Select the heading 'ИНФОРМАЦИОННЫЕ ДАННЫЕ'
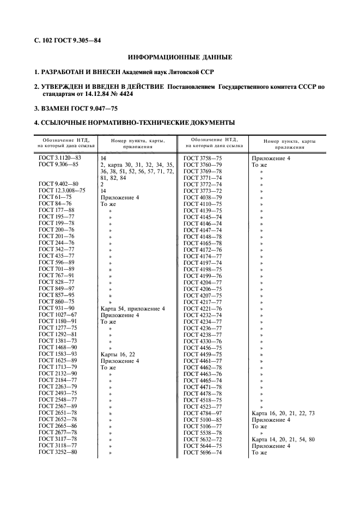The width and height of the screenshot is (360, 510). click(x=180, y=57)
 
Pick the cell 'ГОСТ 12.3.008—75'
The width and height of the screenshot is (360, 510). click(x=62, y=190)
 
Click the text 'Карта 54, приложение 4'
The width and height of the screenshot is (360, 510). click(x=133, y=308)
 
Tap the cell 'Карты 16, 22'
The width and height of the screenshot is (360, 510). click(x=118, y=354)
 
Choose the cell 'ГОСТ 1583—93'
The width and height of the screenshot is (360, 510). click(x=58, y=354)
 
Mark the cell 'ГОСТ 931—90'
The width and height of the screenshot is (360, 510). click(x=57, y=308)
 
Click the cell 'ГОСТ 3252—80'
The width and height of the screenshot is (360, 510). click(x=58, y=452)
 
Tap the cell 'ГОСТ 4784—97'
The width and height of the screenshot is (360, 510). click(x=203, y=413)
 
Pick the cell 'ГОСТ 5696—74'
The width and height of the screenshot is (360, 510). click(x=203, y=452)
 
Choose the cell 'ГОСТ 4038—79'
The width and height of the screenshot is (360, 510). click(x=203, y=197)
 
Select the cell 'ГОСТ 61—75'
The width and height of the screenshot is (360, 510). click(x=55, y=197)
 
